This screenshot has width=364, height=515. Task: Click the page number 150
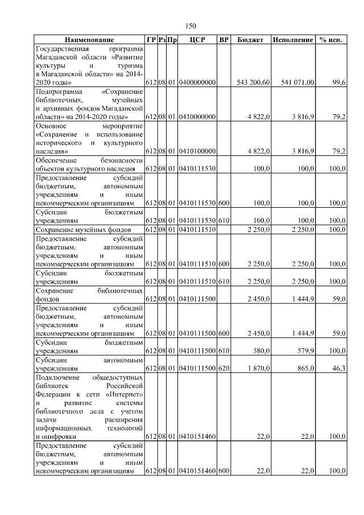(191, 26)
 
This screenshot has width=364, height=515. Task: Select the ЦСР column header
(197, 40)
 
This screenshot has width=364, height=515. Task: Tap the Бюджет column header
(250, 40)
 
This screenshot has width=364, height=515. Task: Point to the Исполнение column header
(293, 40)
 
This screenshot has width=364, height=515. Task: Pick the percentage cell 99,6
(340, 83)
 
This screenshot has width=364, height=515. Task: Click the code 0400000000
(197, 83)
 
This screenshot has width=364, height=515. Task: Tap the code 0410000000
(197, 117)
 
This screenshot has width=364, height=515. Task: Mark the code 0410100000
(197, 151)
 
